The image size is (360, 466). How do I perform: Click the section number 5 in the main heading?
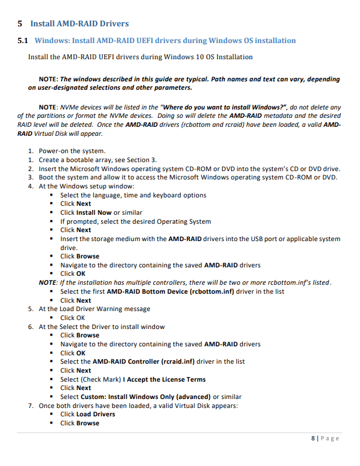20,24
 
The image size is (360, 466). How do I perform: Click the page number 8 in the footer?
313,438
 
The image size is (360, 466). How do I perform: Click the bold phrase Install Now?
94,212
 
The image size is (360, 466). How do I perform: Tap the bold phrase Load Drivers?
96,414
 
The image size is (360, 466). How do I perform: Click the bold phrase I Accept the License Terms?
164,379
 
